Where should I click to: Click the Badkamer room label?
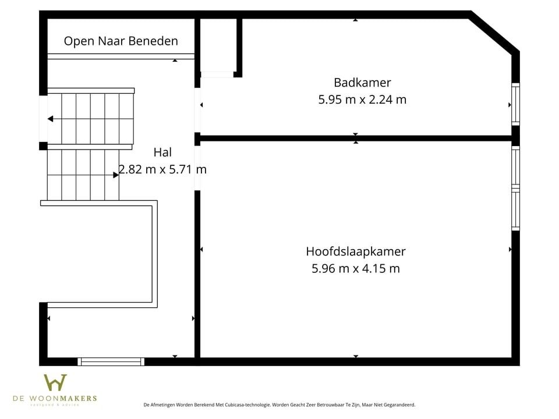362,82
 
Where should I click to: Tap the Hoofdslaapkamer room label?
355,251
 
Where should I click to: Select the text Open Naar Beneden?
121,41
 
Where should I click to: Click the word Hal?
162,152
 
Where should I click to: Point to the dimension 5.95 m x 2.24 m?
362,100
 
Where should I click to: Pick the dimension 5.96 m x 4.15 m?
355,269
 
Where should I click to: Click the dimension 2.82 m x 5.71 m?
162,170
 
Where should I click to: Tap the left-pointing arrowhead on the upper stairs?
51,119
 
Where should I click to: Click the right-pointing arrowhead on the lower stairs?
116,175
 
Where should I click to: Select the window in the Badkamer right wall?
515,104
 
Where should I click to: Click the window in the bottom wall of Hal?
111,361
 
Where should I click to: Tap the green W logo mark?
55,382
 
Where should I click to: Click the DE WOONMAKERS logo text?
55,399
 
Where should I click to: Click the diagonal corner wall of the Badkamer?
494,33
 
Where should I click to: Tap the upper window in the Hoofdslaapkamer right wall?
515,167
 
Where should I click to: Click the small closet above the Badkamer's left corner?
218,45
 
